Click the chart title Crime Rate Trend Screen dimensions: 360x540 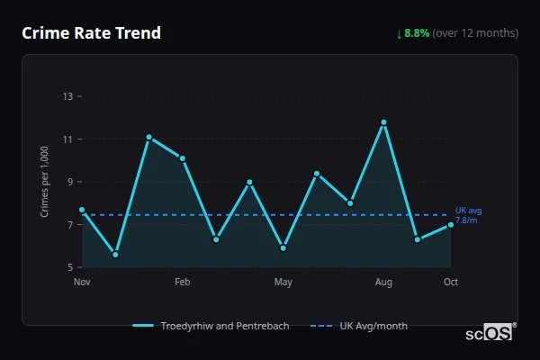point(91,33)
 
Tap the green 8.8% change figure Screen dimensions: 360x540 point(417,33)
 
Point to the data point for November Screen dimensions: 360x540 point(82,210)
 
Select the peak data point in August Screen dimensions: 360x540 point(383,122)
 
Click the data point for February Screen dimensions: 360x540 point(183,158)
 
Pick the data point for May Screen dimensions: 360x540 point(283,247)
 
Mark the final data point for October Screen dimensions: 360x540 point(450,224)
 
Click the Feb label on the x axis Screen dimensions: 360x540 point(183,283)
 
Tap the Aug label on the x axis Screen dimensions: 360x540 point(383,283)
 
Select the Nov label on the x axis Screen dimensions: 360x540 point(82,283)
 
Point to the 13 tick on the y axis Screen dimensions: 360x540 point(67,96)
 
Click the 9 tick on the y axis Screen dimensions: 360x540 point(69,182)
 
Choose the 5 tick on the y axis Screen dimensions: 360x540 point(69,267)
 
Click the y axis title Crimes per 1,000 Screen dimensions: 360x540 point(45,182)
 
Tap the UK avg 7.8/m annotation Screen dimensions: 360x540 point(468,215)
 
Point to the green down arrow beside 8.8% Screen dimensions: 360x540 point(399,33)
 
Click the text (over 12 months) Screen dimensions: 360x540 point(475,33)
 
